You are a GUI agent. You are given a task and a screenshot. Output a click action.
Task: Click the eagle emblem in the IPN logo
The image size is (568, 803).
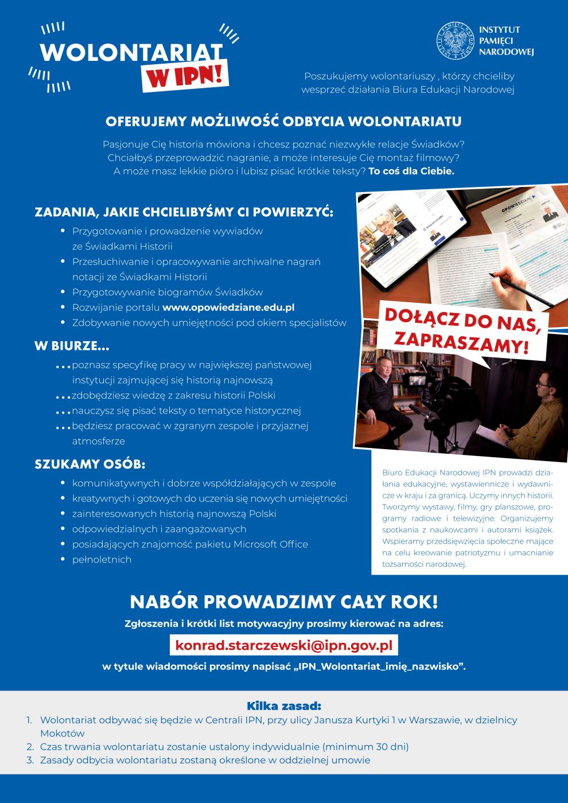pos(456,41)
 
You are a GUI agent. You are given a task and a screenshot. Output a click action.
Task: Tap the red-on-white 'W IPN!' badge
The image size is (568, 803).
pos(185,75)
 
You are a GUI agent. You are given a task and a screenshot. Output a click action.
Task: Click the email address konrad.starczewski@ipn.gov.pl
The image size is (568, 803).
pos(283,645)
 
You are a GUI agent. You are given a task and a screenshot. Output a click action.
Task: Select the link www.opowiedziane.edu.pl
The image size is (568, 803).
pos(228,307)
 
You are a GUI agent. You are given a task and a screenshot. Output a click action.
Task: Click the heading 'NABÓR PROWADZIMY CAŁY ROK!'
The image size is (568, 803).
pos(283,602)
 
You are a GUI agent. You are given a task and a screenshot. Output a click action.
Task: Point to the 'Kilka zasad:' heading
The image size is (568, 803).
pos(283,706)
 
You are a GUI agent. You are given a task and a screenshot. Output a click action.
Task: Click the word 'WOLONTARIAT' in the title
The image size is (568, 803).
pos(131,52)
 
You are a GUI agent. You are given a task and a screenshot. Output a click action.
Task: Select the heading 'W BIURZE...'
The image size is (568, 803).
pos(72,346)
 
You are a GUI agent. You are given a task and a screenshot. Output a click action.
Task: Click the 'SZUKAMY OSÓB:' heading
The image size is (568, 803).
pos(90,464)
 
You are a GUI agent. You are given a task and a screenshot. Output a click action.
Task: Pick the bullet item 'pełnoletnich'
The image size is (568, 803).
pos(102,559)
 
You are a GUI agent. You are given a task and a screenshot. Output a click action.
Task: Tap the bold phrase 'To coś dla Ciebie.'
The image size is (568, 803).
pos(411,171)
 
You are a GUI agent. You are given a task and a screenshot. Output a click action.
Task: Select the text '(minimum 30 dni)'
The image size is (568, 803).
pos(365,747)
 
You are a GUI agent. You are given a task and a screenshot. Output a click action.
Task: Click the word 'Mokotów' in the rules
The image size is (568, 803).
pos(62,733)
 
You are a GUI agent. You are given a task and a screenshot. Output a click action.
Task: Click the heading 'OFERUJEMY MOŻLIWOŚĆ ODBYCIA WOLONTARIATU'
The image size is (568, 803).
pos(283,122)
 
